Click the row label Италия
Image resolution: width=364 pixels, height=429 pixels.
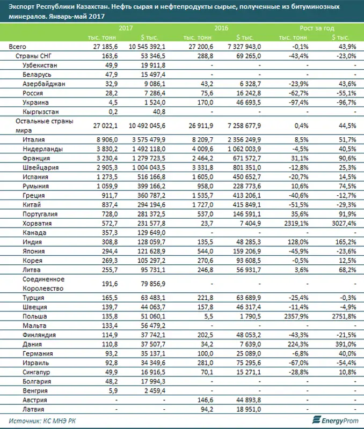pyautogui.click(x=34, y=140)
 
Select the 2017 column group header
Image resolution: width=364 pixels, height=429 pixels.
pyautogui.click(x=126, y=27)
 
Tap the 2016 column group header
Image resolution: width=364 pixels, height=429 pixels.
pyautogui.click(x=221, y=27)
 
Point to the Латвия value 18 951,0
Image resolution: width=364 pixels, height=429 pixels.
pyautogui.click(x=246, y=410)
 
